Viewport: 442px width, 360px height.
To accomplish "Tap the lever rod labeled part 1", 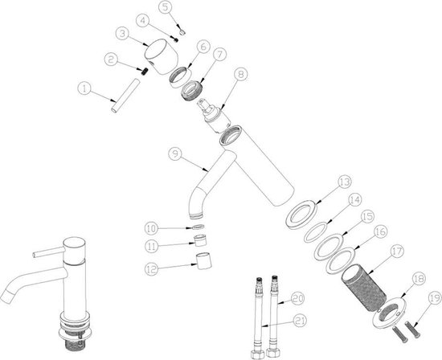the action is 125,96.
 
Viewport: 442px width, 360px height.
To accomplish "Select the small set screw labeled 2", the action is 145,72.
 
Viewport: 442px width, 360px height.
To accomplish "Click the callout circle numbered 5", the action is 166,7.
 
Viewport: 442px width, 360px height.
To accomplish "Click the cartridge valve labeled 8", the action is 215,116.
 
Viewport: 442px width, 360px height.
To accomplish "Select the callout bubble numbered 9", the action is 176,154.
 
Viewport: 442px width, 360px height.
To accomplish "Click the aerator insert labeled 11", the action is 200,240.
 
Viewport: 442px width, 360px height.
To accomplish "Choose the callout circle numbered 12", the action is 152,268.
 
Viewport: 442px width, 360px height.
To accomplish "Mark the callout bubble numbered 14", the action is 354,200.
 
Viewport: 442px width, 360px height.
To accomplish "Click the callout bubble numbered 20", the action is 297,299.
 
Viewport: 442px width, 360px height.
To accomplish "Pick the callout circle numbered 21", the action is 300,321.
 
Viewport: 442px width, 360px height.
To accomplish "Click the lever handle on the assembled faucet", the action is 48,252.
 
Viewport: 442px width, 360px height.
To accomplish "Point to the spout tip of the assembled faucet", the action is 6,297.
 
